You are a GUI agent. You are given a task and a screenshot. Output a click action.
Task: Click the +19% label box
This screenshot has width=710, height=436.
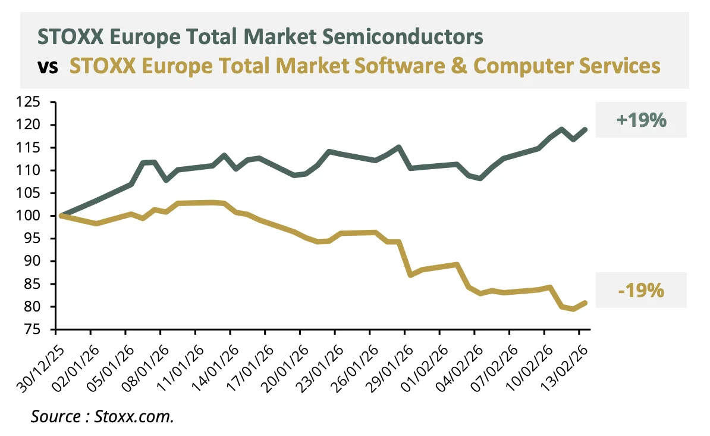(641, 120)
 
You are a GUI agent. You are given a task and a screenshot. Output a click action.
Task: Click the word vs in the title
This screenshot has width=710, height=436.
(48, 66)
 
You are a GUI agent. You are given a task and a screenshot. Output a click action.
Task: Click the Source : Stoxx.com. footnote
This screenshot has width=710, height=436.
(102, 416)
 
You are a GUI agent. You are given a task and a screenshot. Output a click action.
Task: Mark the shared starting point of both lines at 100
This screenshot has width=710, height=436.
(62, 216)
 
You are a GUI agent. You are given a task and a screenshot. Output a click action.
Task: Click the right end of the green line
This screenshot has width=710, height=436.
(586, 129)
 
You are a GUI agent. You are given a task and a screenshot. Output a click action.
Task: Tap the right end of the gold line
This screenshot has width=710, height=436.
(586, 303)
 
